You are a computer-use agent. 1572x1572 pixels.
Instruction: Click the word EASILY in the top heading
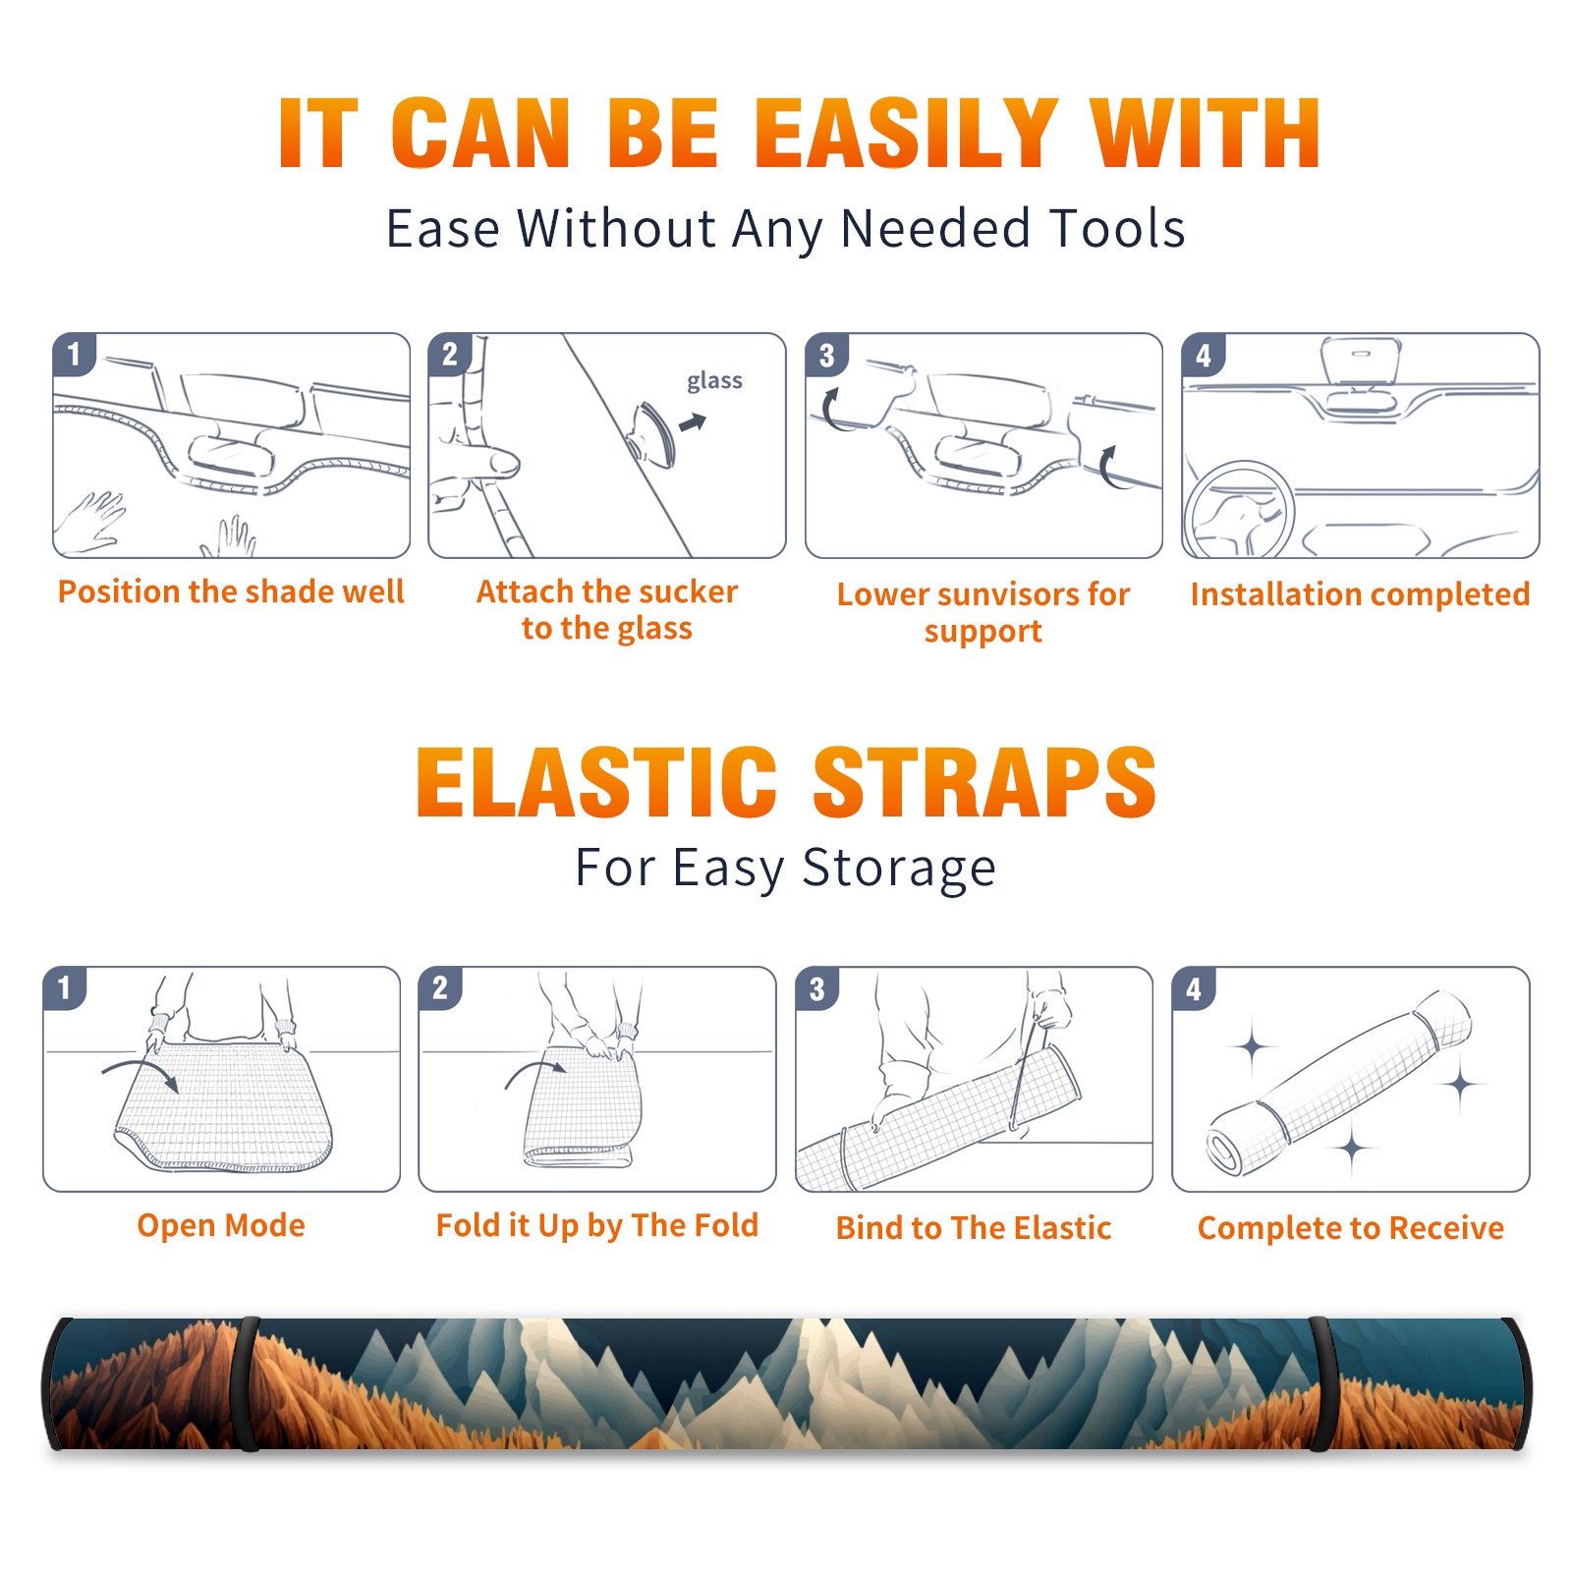click(x=907, y=134)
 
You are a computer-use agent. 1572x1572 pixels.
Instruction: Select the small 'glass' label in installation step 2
click(x=714, y=381)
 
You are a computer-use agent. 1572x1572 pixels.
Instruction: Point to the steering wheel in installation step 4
click(x=1239, y=511)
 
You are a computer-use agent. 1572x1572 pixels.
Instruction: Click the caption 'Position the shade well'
click(x=231, y=591)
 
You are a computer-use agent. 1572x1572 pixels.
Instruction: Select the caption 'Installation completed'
click(x=1360, y=594)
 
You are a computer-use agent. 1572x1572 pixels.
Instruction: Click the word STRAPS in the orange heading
click(x=984, y=782)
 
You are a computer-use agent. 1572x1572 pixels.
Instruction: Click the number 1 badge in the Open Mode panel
click(x=65, y=988)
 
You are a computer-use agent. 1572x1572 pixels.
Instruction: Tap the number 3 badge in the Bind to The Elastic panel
click(x=817, y=988)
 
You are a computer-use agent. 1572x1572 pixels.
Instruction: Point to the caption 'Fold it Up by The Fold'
click(x=597, y=1225)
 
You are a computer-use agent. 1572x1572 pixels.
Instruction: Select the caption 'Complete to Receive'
click(x=1351, y=1228)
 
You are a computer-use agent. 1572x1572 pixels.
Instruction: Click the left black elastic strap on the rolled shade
click(x=248, y=1384)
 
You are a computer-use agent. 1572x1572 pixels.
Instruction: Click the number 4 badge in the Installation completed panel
click(x=1204, y=356)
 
